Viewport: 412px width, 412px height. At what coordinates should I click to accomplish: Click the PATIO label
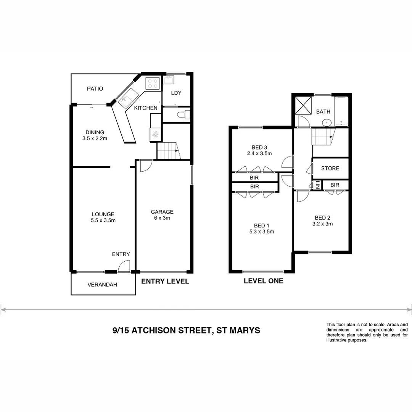(x=95, y=89)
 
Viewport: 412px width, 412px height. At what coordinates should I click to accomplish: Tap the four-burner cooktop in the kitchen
(x=153, y=83)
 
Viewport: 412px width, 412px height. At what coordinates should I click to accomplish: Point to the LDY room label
(x=176, y=93)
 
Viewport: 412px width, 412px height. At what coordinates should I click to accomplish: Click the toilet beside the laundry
(x=185, y=114)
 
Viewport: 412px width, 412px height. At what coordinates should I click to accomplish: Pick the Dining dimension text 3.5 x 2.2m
(x=95, y=138)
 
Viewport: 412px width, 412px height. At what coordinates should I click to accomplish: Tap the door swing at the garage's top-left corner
(x=145, y=165)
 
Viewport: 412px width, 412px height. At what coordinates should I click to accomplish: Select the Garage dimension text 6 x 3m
(x=162, y=218)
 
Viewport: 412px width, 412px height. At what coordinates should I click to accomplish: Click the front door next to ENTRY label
(x=124, y=266)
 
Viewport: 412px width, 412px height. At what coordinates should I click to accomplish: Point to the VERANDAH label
(x=102, y=285)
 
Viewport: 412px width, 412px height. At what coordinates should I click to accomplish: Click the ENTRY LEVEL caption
(x=165, y=282)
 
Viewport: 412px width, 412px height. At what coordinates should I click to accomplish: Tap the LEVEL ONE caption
(x=263, y=281)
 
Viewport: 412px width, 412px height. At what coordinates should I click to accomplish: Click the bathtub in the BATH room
(x=341, y=111)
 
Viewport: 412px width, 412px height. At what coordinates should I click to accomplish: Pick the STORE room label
(x=330, y=168)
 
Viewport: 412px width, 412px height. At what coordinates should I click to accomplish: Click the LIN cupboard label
(x=317, y=185)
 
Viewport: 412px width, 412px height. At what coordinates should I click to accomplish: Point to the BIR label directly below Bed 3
(x=254, y=177)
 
